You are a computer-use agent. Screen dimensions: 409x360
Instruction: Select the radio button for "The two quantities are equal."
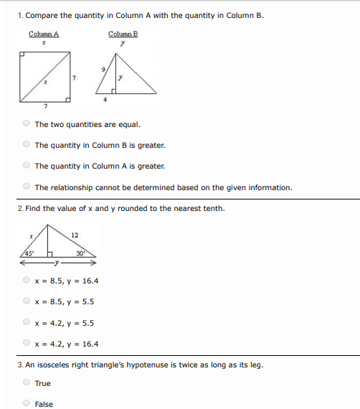click(27, 123)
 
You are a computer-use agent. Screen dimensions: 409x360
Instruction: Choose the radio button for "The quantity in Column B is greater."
click(27, 144)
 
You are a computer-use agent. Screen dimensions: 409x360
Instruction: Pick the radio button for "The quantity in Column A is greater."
click(27, 166)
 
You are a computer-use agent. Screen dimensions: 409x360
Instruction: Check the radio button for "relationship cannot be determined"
click(27, 187)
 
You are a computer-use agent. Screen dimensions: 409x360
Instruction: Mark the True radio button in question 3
click(27, 382)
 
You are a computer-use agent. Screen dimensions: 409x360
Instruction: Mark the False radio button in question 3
click(27, 403)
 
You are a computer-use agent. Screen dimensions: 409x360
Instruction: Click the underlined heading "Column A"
click(44, 34)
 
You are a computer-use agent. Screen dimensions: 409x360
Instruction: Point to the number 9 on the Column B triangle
click(105, 69)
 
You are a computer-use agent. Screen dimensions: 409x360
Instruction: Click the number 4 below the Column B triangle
click(105, 100)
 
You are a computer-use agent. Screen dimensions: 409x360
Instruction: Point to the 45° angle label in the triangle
click(29, 253)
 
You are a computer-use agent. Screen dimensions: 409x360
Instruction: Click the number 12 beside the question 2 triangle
click(75, 235)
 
